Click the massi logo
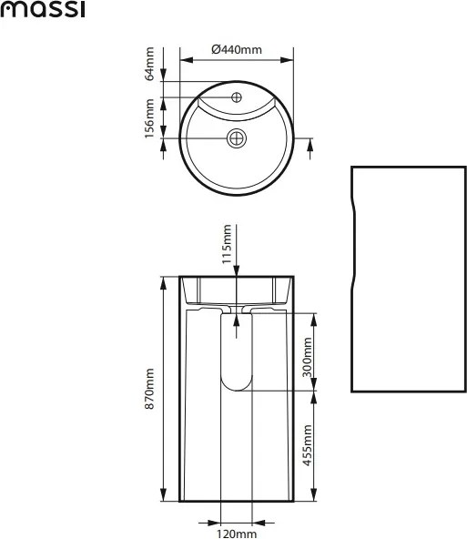coord(42,9)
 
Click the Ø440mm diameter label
coord(237,50)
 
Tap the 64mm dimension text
coord(150,64)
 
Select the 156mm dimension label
coord(150,118)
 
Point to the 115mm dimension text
coord(227,244)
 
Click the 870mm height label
coord(150,389)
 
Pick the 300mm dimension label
coord(307,357)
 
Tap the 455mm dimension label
coord(307,445)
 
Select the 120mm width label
coord(237,534)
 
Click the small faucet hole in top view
coord(237,97)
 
